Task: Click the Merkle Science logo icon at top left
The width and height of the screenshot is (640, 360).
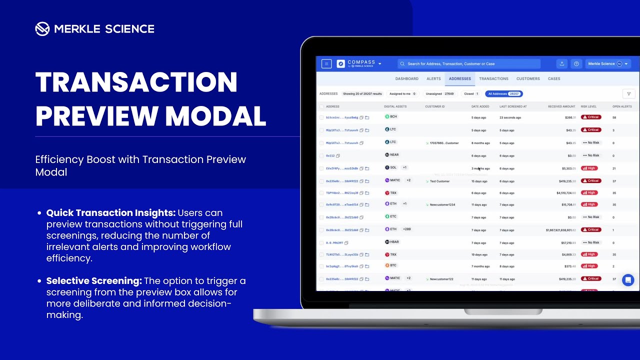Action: (x=42, y=29)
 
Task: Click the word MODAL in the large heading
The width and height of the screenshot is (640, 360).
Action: (x=215, y=115)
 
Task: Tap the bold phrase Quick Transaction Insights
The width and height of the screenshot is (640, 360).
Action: (x=111, y=213)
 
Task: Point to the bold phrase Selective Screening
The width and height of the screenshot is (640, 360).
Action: (x=94, y=281)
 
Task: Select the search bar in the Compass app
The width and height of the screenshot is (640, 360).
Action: (x=469, y=64)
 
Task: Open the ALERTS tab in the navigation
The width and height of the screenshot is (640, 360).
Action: (x=433, y=78)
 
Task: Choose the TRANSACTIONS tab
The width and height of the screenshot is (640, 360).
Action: (x=493, y=78)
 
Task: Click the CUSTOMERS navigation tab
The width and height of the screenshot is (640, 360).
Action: (x=528, y=78)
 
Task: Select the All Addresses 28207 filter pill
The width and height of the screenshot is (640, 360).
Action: (x=503, y=94)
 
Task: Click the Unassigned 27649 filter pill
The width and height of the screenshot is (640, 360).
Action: (x=439, y=94)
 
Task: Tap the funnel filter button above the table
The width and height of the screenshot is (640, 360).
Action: (x=628, y=94)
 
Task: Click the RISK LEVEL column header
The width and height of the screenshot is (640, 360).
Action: (x=588, y=106)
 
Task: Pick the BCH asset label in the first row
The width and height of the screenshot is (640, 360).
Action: (x=393, y=116)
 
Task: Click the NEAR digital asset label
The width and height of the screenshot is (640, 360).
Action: (x=394, y=155)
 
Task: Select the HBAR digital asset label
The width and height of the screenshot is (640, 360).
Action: (x=394, y=242)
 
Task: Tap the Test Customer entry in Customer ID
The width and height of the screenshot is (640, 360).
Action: (x=439, y=181)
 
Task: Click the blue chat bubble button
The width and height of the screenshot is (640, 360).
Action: (x=628, y=280)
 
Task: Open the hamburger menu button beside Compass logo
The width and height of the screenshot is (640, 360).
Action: (x=326, y=64)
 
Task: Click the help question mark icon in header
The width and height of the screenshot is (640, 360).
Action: (x=576, y=64)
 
